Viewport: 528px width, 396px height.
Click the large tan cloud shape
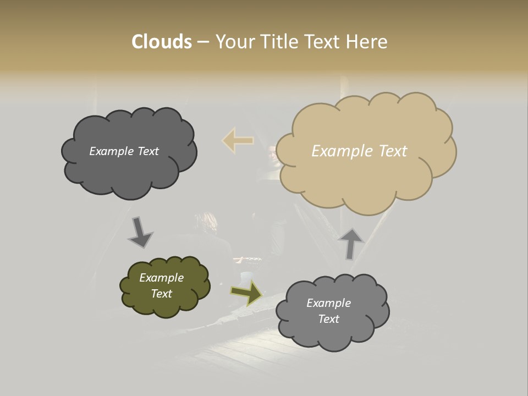366,176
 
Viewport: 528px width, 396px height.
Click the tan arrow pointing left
238,141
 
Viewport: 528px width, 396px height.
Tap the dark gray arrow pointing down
140,233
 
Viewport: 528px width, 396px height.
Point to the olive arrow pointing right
246,293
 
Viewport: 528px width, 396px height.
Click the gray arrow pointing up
351,244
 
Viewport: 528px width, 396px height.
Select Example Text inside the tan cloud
359,151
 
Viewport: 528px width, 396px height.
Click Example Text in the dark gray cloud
124,151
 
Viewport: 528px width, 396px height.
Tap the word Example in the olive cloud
161,278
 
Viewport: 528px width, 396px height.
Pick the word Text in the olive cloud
161,294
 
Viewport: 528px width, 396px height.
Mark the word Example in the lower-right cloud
328,303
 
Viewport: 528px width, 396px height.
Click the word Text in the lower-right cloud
328,319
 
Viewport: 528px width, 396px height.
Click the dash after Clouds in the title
202,42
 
